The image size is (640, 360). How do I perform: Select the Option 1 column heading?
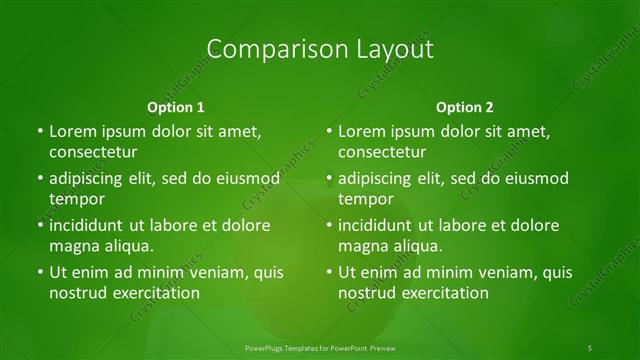176,106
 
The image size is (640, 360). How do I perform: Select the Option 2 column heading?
465,106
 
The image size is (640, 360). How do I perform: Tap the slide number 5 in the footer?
590,348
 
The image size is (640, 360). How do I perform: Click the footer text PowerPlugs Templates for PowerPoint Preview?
319,348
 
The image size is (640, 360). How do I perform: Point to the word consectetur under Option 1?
92,152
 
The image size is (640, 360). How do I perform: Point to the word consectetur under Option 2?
381,152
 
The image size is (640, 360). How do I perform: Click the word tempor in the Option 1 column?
77,198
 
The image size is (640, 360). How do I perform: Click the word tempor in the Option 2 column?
366,198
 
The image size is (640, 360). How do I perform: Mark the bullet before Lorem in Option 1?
40,132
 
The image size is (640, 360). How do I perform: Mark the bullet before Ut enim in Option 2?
329,272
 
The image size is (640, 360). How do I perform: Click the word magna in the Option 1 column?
72,245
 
